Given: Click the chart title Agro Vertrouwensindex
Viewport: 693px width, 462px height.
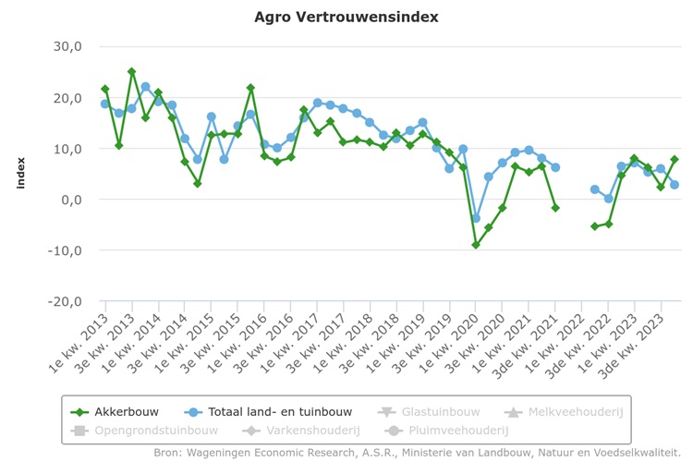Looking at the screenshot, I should pos(346,17).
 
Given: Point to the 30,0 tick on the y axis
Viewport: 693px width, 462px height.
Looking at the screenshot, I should pos(66,47).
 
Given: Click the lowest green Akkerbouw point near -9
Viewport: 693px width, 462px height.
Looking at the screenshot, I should pos(476,245).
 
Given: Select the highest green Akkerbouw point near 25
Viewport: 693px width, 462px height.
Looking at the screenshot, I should pos(132,71).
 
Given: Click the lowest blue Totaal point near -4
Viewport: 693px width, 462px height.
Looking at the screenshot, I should pos(476,218).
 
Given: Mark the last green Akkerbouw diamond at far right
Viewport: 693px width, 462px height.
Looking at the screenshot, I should pos(675,159).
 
